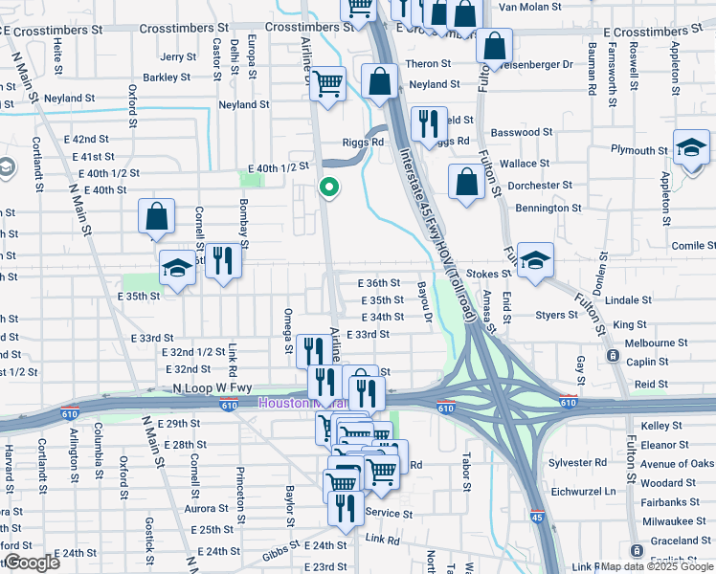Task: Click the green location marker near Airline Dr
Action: point(329,188)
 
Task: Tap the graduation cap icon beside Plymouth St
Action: point(690,148)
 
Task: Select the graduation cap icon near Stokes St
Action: point(538,259)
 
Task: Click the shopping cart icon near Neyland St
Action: point(328,82)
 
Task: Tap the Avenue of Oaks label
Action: point(676,464)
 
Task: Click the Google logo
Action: point(33,563)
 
